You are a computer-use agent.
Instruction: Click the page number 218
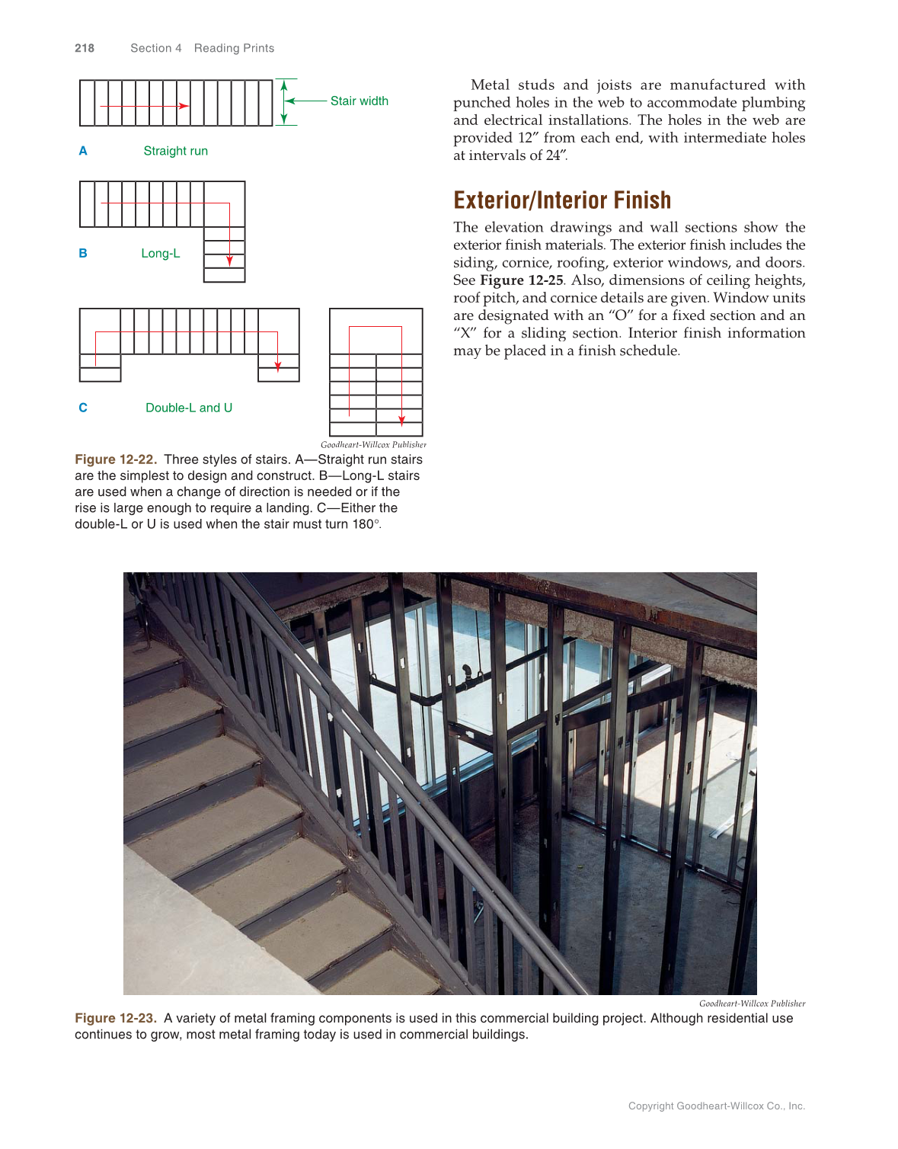(x=85, y=48)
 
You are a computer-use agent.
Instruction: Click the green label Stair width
(x=359, y=101)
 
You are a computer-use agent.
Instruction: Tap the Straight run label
(x=175, y=151)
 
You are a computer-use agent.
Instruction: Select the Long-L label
(x=160, y=253)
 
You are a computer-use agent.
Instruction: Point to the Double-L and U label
(x=189, y=408)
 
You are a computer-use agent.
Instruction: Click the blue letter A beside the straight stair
(x=83, y=151)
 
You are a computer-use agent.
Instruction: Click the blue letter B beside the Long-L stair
(x=83, y=253)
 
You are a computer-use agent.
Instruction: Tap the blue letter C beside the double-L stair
(x=83, y=408)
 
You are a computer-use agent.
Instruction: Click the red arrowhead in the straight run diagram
(x=184, y=106)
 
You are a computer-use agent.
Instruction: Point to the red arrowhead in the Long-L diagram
(x=229, y=261)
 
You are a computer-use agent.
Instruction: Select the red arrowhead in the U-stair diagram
(x=401, y=420)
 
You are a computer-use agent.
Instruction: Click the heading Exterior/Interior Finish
(x=562, y=200)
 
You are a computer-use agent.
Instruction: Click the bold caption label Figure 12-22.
(x=116, y=459)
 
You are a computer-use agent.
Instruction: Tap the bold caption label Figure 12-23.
(x=116, y=1018)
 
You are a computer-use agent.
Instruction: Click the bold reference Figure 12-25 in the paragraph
(x=521, y=280)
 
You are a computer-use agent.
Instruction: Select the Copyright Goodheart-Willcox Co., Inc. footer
(x=716, y=1106)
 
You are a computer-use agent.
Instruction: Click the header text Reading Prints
(x=234, y=48)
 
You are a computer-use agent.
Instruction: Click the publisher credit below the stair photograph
(x=752, y=1003)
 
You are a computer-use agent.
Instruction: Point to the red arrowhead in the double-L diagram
(x=277, y=366)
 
